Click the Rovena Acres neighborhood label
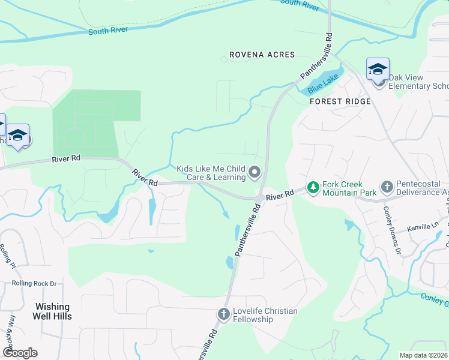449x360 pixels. (x=261, y=55)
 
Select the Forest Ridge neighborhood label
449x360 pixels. (x=340, y=101)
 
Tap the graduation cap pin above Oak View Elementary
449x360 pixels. (x=378, y=70)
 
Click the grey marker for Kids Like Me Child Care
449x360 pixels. (x=255, y=173)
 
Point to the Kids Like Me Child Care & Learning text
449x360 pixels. (x=211, y=173)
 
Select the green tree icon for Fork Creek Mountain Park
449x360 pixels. (x=313, y=188)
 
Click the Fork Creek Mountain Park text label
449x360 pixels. (x=349, y=188)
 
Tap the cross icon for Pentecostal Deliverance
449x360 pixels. (x=386, y=188)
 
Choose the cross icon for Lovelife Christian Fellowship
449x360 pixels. (x=223, y=314)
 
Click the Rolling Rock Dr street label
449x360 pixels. (x=36, y=283)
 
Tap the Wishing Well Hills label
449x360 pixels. (x=52, y=311)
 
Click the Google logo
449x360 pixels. (x=20, y=353)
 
